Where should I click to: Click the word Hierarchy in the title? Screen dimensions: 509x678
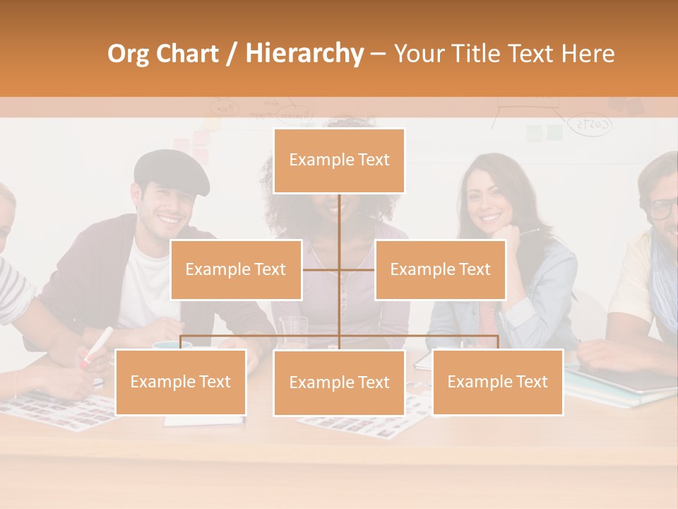tap(304, 54)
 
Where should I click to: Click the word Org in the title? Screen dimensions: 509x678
tap(129, 54)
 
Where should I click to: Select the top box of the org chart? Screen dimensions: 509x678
tap(339, 160)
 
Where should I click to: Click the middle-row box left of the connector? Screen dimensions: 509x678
tap(236, 269)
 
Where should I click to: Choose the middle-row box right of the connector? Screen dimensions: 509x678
tap(440, 269)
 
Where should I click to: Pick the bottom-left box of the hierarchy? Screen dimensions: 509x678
tap(180, 382)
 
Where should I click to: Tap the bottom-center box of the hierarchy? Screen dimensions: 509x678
tap(339, 382)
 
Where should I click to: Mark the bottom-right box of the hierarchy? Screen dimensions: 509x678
tap(497, 382)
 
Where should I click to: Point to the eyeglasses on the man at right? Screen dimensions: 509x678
tap(663, 209)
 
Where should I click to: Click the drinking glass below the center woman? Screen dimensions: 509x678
tap(293, 331)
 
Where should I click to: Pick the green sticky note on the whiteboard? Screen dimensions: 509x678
tap(555, 132)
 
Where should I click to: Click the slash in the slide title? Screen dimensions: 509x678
tap(232, 54)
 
